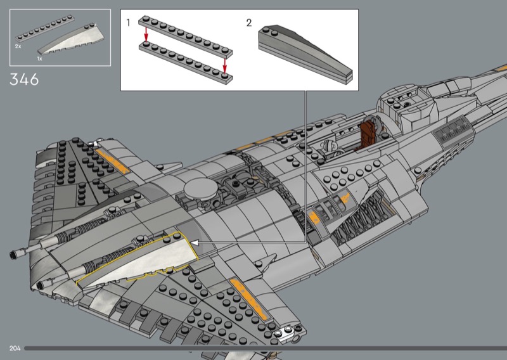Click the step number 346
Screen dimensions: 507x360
pyautogui.click(x=24, y=80)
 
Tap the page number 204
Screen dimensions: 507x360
pyautogui.click(x=15, y=348)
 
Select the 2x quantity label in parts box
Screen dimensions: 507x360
pyautogui.click(x=18, y=46)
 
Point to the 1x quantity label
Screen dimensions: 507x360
pyautogui.click(x=39, y=58)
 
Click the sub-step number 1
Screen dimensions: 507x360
pyautogui.click(x=128, y=23)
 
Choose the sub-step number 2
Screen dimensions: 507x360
pyautogui.click(x=248, y=23)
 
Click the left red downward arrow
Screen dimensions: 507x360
pyautogui.click(x=146, y=35)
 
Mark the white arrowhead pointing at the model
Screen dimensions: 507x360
pyautogui.click(x=195, y=242)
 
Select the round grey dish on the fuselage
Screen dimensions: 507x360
pyautogui.click(x=199, y=188)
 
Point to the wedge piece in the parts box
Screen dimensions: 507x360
pyautogui.click(x=71, y=39)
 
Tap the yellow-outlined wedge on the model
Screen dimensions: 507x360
pyautogui.click(x=138, y=260)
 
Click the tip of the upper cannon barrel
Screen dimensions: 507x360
pyautogui.click(x=13, y=254)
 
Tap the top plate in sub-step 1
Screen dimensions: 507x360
pyautogui.click(x=186, y=37)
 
